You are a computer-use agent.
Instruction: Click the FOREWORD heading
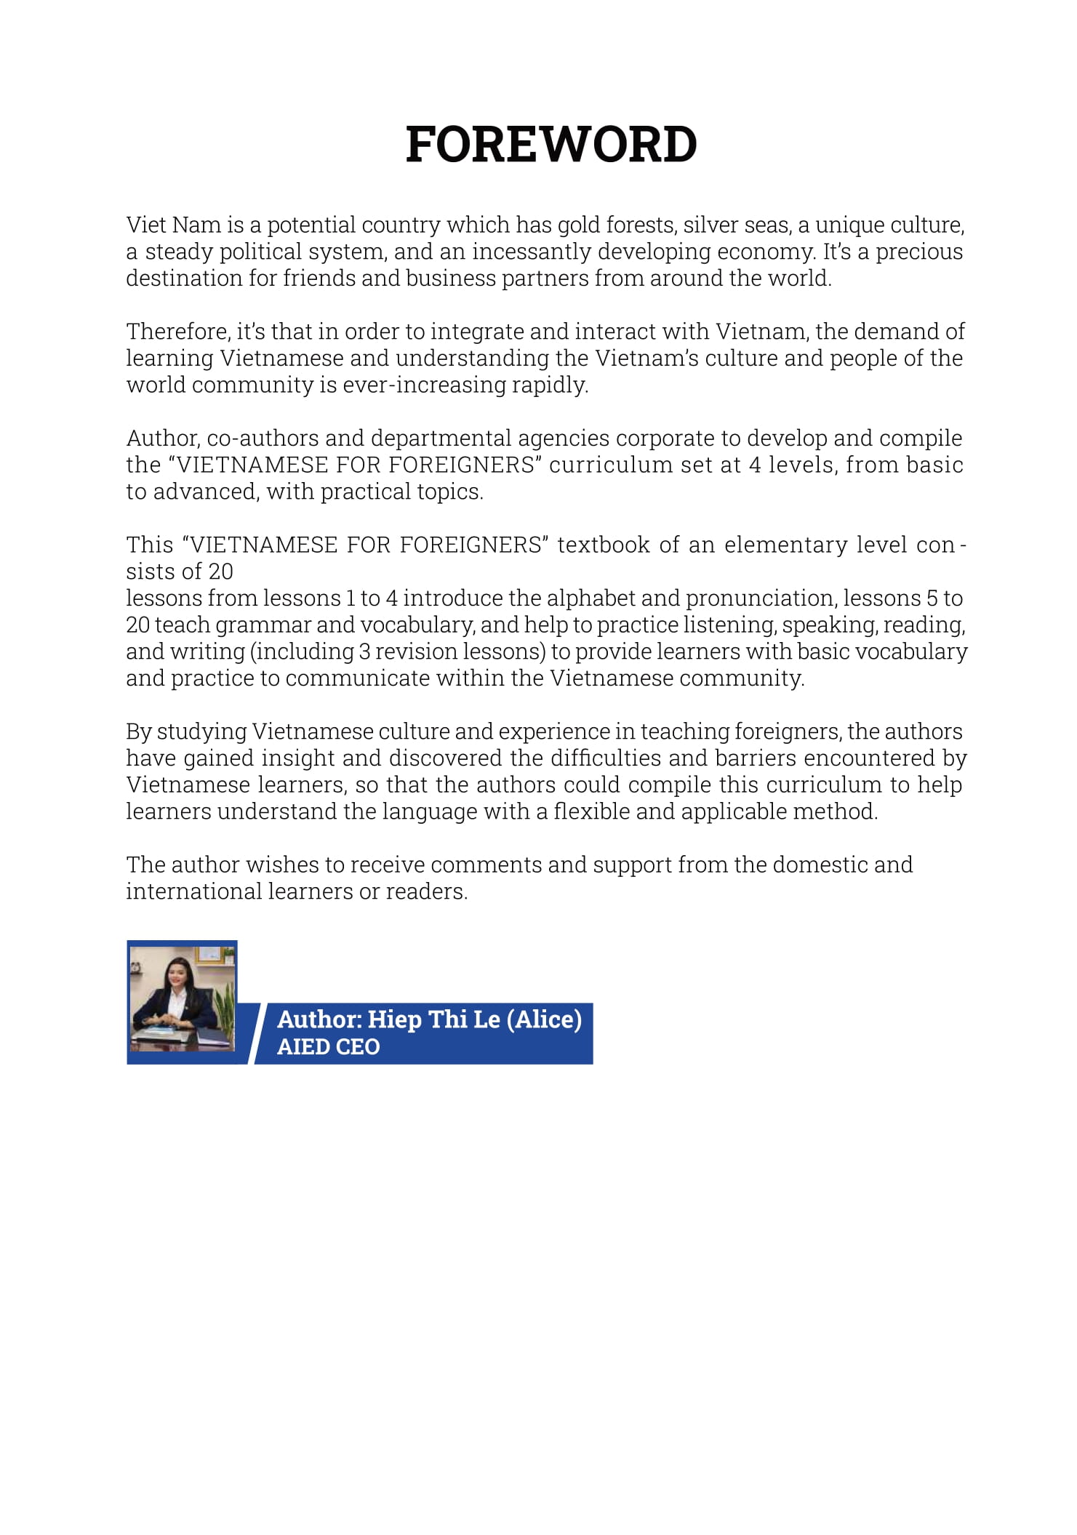coord(551,144)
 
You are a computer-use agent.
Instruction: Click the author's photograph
coord(183,998)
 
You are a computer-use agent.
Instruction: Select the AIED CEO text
coord(328,1047)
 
